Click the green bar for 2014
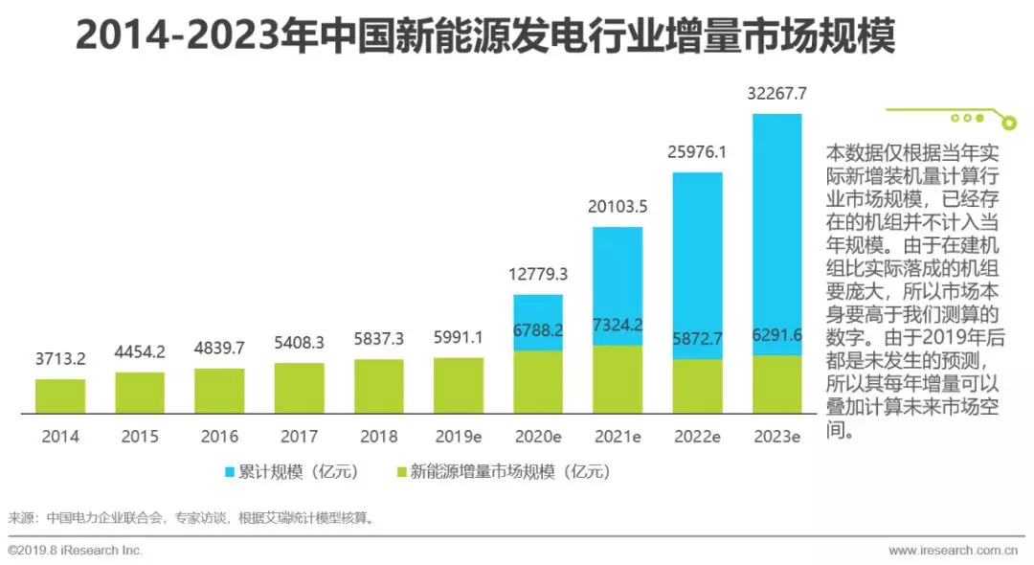pyautogui.click(x=60, y=395)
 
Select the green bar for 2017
pyautogui.click(x=299, y=388)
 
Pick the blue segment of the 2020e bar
pyautogui.click(x=538, y=322)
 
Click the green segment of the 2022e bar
pyautogui.click(x=697, y=386)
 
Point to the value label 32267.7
pyautogui.click(x=776, y=94)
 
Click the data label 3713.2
pyautogui.click(x=60, y=360)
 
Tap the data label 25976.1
pyautogui.click(x=697, y=152)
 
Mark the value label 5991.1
pyautogui.click(x=459, y=338)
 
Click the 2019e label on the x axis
pyautogui.click(x=459, y=437)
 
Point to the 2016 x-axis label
pyautogui.click(x=219, y=437)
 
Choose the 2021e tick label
pyautogui.click(x=618, y=437)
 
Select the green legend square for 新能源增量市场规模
pyautogui.click(x=402, y=471)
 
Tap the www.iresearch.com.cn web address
pyautogui.click(x=952, y=551)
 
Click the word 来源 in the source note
pyautogui.click(x=21, y=518)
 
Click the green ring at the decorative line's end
pyautogui.click(x=1008, y=122)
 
